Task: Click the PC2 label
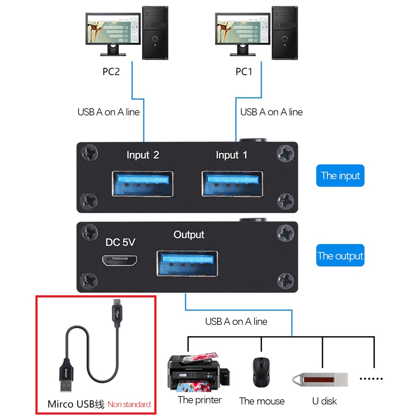(x=111, y=72)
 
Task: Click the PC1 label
(x=244, y=72)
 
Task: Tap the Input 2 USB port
(x=142, y=184)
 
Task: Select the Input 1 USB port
(x=232, y=184)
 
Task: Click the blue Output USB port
(x=187, y=263)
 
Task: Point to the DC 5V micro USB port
(x=120, y=260)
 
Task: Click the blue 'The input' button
(x=340, y=176)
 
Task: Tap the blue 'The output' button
(x=340, y=256)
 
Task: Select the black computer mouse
(x=261, y=372)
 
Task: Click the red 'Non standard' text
(x=129, y=404)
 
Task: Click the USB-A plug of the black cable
(x=66, y=377)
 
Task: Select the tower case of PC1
(x=285, y=33)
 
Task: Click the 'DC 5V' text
(x=120, y=242)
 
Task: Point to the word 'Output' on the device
(x=189, y=235)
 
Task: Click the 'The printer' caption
(x=200, y=400)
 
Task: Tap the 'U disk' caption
(x=324, y=401)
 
